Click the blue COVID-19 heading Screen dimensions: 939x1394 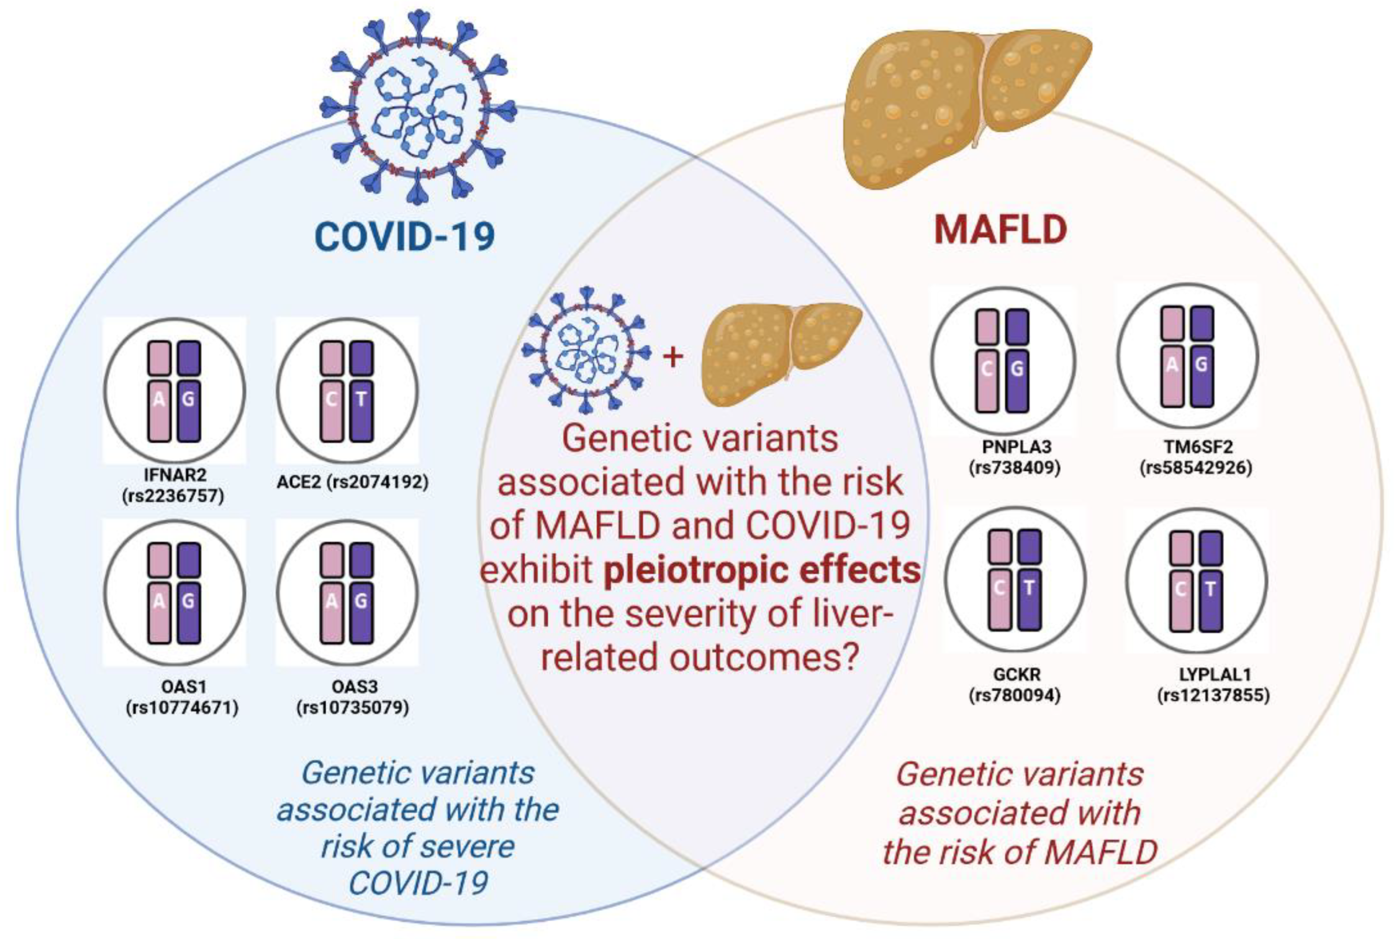(x=405, y=236)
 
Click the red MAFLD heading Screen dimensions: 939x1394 (x=1001, y=229)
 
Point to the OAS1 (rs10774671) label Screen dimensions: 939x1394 (x=182, y=698)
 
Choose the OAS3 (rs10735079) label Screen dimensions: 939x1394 (x=353, y=698)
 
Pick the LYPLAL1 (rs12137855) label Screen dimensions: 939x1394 (x=1214, y=685)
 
